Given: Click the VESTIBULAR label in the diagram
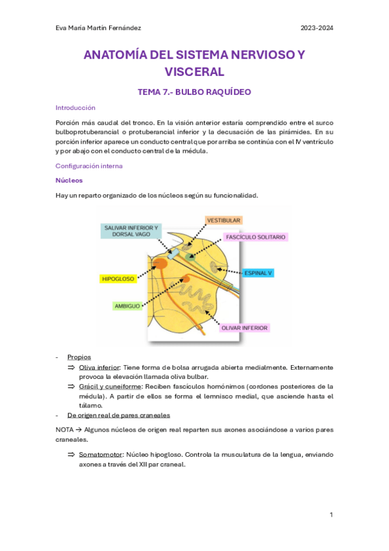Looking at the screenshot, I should pos(223,221).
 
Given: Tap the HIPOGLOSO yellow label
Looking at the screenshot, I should pos(118,279).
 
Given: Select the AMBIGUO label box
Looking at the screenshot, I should pos(127,305).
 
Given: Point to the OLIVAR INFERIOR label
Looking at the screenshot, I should pos(245,327).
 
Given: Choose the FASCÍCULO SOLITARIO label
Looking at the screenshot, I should pos(255,237).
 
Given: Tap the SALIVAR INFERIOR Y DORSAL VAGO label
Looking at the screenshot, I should pos(131,231).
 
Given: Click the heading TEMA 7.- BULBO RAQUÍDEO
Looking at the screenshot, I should pos(194,92).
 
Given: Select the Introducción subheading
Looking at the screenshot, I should pos(75,108).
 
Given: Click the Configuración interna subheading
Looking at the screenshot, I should pos(89,166).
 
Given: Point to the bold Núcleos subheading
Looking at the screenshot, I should pos(69,180).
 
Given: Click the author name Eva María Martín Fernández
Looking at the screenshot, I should pos(99,28).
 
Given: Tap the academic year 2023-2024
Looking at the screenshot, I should pos(316,28).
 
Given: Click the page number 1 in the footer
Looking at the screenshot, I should pos(331,515).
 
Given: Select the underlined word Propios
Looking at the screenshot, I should pos(79,357).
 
